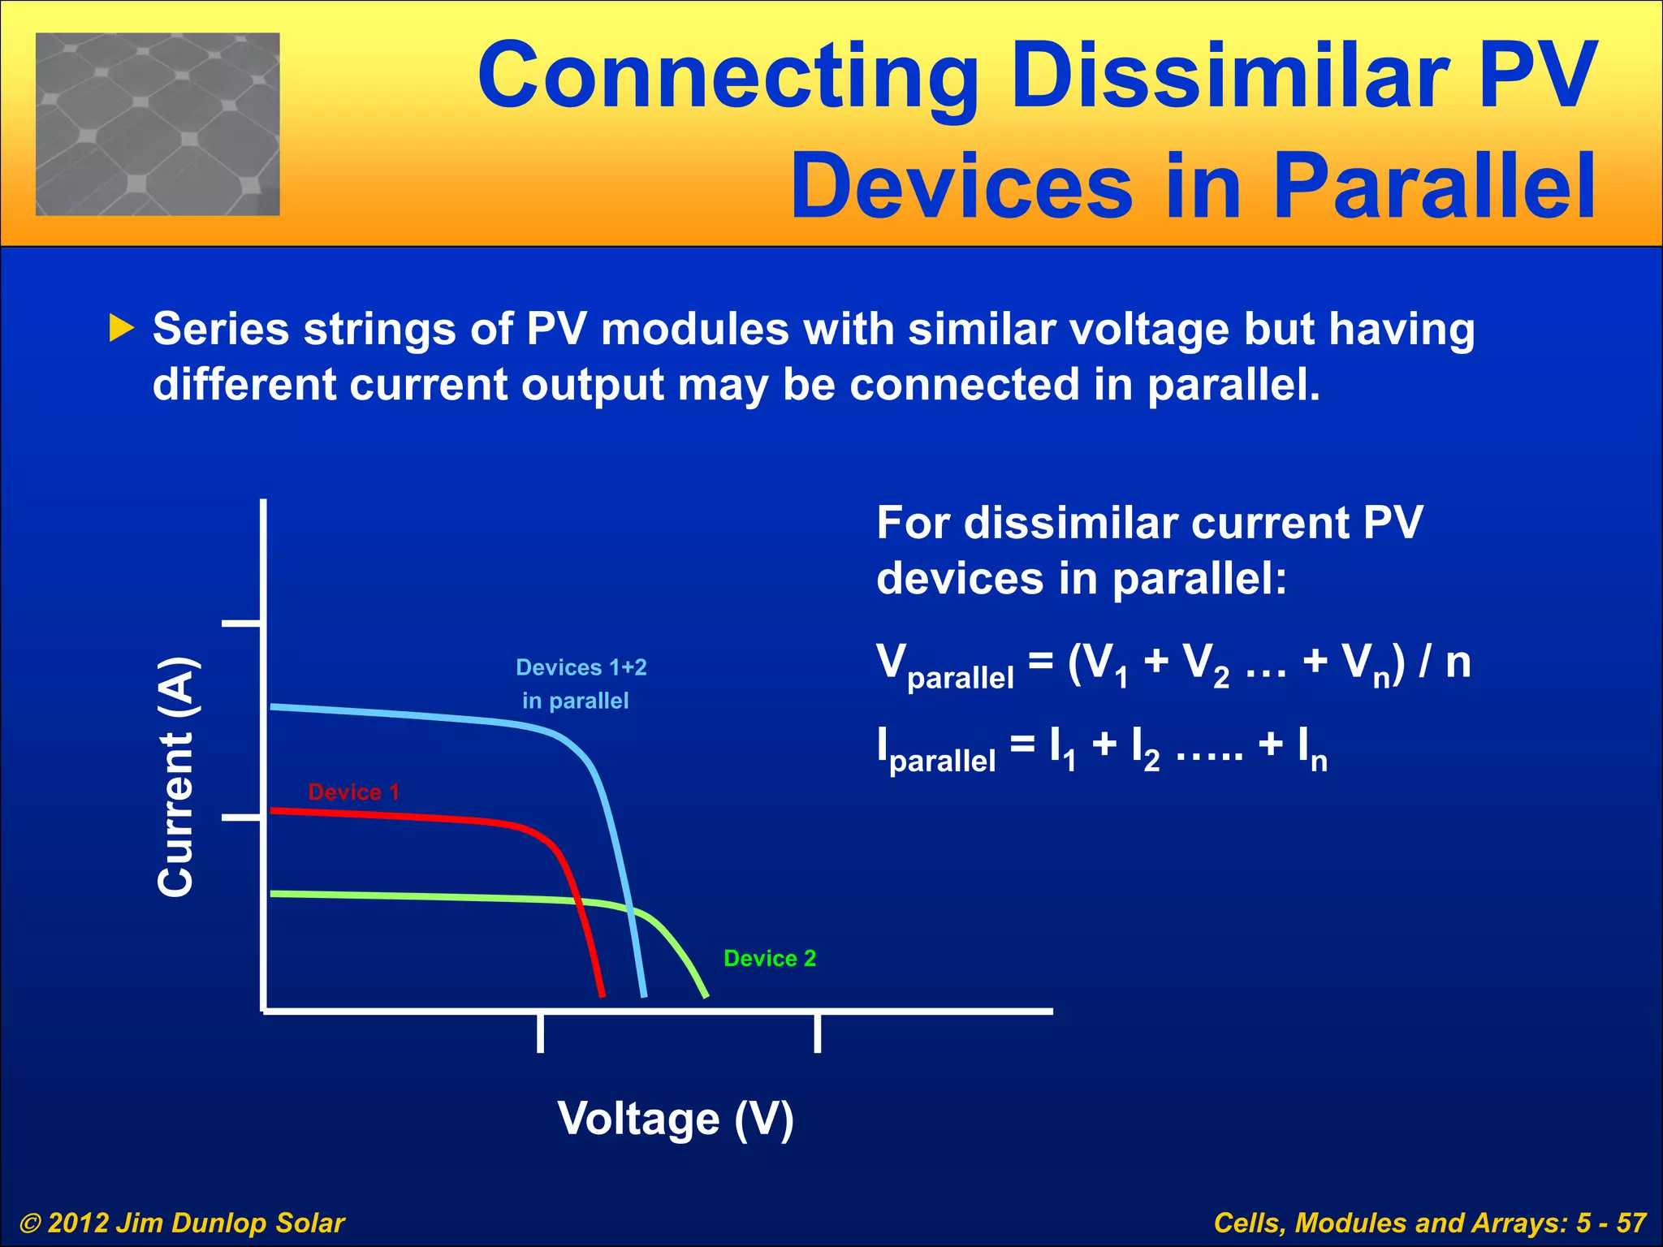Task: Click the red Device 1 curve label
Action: [353, 792]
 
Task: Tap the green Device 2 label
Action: [769, 959]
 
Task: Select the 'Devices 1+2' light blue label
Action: [581, 667]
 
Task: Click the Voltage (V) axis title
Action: [675, 1120]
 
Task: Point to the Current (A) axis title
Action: [176, 777]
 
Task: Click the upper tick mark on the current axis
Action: [241, 623]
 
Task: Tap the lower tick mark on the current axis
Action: [241, 818]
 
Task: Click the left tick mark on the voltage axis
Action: [540, 1033]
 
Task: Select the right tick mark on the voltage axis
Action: [817, 1033]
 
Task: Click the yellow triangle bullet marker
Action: [121, 329]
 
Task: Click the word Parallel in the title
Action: [1434, 187]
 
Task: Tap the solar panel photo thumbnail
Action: [158, 124]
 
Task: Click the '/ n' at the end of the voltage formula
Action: [1445, 662]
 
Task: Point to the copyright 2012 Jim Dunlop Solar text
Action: [182, 1223]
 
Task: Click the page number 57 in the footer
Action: [1631, 1223]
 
